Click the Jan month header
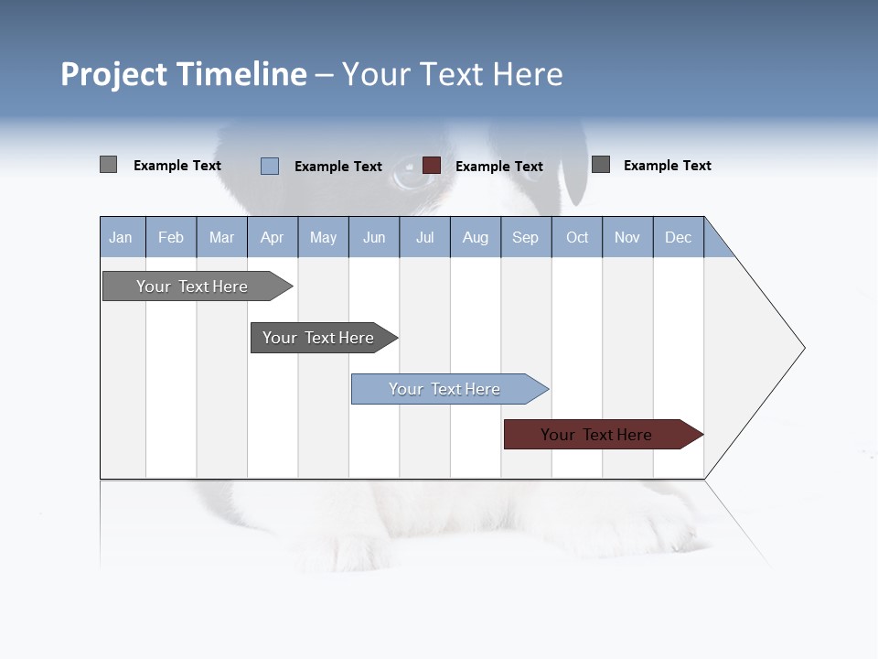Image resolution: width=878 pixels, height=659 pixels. [122, 237]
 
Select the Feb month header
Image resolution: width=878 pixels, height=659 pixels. [171, 237]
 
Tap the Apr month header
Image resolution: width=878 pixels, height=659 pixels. [273, 237]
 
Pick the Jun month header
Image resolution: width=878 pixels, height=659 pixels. [374, 237]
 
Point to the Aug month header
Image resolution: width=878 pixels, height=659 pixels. [476, 237]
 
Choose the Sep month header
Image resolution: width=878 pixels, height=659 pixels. [526, 237]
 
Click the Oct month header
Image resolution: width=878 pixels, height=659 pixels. [577, 237]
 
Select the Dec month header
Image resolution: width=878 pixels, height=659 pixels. [679, 237]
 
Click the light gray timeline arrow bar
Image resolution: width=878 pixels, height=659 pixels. [193, 286]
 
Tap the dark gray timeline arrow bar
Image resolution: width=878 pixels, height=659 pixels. [319, 338]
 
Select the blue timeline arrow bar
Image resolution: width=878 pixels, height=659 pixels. [445, 389]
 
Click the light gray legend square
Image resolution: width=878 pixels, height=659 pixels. [108, 165]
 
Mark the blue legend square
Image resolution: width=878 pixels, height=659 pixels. [270, 166]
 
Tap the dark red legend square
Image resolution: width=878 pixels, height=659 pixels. [432, 166]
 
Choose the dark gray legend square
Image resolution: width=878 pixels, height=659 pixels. [601, 165]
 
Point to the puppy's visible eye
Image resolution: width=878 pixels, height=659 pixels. [413, 173]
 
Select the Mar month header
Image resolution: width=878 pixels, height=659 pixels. [221, 237]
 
